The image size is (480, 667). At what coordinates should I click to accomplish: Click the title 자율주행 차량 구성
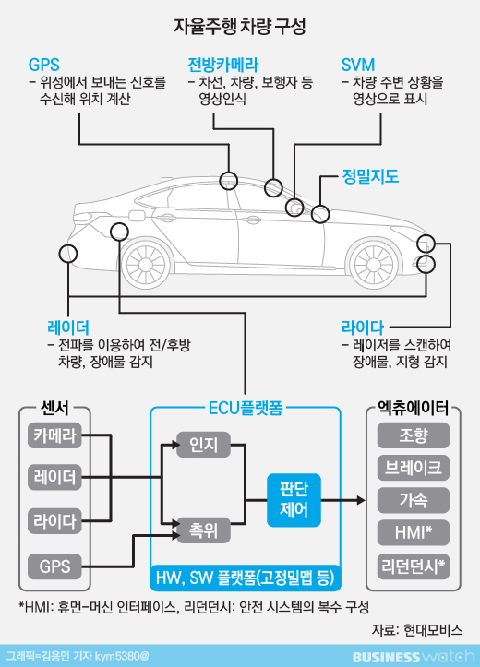pyautogui.click(x=240, y=27)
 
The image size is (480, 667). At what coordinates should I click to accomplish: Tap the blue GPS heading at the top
pyautogui.click(x=43, y=65)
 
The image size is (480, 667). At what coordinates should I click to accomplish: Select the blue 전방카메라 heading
pyautogui.click(x=223, y=65)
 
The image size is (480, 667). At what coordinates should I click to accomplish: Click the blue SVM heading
pyautogui.click(x=358, y=65)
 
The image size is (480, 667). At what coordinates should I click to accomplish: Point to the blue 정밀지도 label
pyautogui.click(x=371, y=176)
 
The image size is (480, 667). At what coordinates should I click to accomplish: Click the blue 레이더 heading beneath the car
pyautogui.click(x=68, y=328)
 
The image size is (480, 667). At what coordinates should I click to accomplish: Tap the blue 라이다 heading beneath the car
pyautogui.click(x=363, y=328)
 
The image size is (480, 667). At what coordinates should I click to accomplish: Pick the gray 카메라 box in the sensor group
pyautogui.click(x=54, y=435)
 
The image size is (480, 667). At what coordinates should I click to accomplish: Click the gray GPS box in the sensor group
pyautogui.click(x=54, y=566)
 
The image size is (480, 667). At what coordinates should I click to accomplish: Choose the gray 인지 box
pyautogui.click(x=203, y=445)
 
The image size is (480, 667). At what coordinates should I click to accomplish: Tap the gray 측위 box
pyautogui.click(x=203, y=530)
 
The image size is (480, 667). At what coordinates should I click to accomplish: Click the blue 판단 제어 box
pyautogui.click(x=294, y=500)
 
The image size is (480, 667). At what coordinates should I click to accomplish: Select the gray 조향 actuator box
pyautogui.click(x=414, y=435)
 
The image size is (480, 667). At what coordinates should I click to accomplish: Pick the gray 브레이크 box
pyautogui.click(x=414, y=468)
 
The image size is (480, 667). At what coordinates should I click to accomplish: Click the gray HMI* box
pyautogui.click(x=414, y=532)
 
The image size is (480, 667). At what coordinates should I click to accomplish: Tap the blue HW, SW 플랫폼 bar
pyautogui.click(x=246, y=578)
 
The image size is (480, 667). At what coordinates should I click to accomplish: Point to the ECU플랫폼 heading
pyautogui.click(x=246, y=409)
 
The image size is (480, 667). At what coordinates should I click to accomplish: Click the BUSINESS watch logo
pyautogui.click(x=414, y=656)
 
